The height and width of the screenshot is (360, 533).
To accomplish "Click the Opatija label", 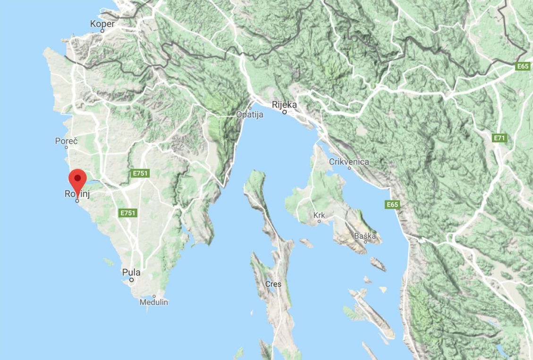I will pyautogui.click(x=250, y=115).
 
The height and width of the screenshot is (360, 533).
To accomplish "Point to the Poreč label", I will pyautogui.click(x=66, y=141).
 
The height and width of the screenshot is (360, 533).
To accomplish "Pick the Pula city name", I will pyautogui.click(x=131, y=272).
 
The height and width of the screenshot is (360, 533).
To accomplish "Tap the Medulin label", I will pyautogui.click(x=153, y=302).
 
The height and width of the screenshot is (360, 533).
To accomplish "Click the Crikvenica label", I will pyautogui.click(x=349, y=161).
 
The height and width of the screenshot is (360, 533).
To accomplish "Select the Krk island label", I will pyautogui.click(x=320, y=215).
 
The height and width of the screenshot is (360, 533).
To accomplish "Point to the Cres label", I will pyautogui.click(x=273, y=284).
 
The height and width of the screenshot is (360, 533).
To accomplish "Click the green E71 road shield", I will pyautogui.click(x=499, y=138).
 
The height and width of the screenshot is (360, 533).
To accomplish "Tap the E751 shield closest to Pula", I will pyautogui.click(x=127, y=213).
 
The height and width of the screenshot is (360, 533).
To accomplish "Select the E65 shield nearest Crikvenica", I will pyautogui.click(x=392, y=204).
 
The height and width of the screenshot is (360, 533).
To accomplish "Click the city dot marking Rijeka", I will pyautogui.click(x=284, y=112).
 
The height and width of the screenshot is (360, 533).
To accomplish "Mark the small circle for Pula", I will pyautogui.click(x=132, y=280).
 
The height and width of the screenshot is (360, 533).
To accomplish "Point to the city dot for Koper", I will pyautogui.click(x=102, y=31).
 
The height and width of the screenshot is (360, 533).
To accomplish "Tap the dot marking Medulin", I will pyautogui.click(x=154, y=296).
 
